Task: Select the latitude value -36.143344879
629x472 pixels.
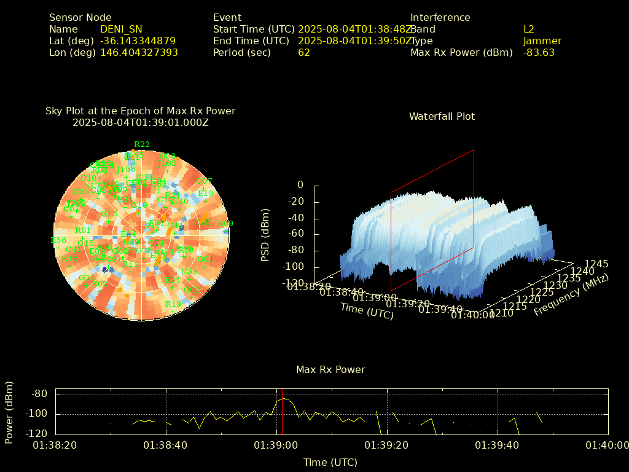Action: click(x=138, y=41)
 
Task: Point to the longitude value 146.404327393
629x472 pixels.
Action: click(x=139, y=53)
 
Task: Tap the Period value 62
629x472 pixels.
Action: click(x=304, y=53)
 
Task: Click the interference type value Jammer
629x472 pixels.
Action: click(x=542, y=41)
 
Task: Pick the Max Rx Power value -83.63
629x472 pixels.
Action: click(x=539, y=53)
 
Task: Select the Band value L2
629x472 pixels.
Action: click(x=529, y=29)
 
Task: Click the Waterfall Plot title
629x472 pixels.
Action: click(x=442, y=117)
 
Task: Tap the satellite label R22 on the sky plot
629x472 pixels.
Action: click(x=142, y=144)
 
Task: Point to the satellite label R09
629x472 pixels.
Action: click(x=225, y=224)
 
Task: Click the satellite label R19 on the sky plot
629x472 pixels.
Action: click(x=173, y=304)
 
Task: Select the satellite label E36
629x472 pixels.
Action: click(x=58, y=240)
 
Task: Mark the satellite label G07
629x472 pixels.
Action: click(x=204, y=181)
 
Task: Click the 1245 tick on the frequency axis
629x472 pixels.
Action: click(x=596, y=264)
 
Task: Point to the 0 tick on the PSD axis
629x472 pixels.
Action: click(x=300, y=185)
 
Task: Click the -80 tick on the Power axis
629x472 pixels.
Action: click(x=40, y=394)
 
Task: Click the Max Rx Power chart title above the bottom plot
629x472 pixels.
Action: click(x=330, y=370)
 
